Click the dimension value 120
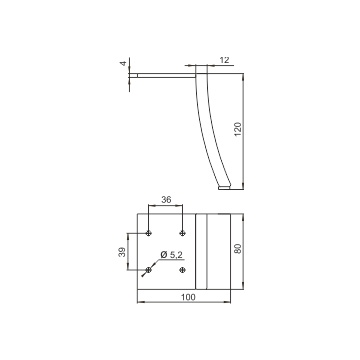[238, 129]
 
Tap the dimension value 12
[225, 60]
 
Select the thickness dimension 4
[124, 63]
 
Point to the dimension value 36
[166, 200]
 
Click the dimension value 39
[122, 252]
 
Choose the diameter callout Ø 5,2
[172, 255]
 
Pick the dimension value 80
[238, 249]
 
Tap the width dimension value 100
[188, 297]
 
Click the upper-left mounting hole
[149, 233]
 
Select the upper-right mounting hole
[182, 233]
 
